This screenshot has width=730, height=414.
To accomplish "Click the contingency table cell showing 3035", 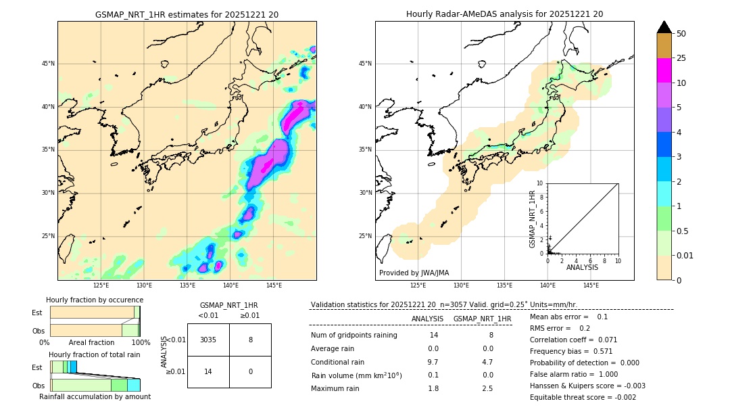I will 208,340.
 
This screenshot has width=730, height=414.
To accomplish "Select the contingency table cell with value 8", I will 250,340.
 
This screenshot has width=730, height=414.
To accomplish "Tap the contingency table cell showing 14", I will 208,371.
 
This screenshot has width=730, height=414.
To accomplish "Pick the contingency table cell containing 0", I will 250,371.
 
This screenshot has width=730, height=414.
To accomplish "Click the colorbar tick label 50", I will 681,34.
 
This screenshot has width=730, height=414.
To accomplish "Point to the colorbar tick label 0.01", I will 685,255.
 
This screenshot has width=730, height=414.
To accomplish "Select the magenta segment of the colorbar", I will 664,70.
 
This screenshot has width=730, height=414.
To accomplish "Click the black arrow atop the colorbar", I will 664,27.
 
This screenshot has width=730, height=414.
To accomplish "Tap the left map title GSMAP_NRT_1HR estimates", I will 187,14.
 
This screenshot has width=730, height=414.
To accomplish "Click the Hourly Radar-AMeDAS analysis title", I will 504,14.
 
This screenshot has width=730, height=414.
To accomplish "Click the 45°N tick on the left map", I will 47,64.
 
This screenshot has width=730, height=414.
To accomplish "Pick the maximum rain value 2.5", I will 487,388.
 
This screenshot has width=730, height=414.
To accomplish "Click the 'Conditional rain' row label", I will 339,362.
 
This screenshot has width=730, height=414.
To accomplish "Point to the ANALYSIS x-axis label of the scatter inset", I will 582,267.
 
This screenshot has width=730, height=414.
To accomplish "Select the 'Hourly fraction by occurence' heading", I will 95,300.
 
